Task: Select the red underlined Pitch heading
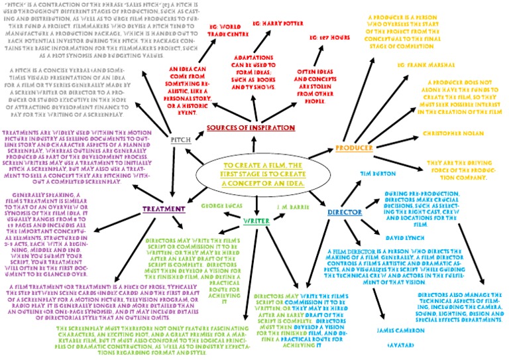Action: tap(181, 140)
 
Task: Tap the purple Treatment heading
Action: tap(163, 210)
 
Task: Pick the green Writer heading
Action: tap(255, 220)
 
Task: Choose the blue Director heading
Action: tap(344, 213)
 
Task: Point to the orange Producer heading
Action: tap(354, 147)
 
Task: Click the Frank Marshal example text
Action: tap(425, 65)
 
